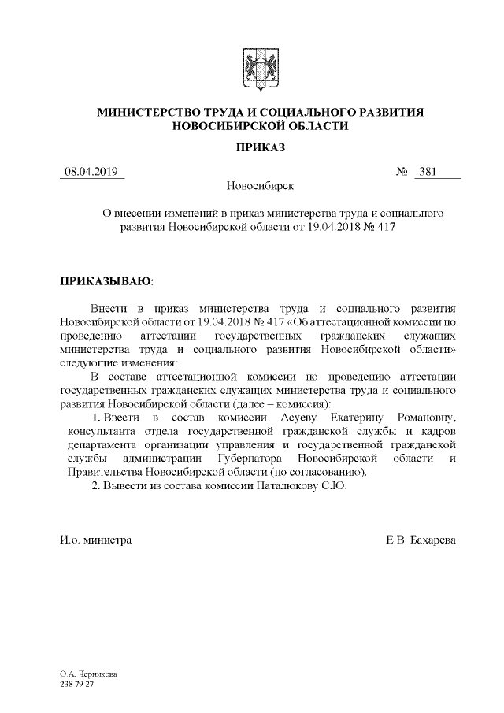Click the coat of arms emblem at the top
tap(260, 67)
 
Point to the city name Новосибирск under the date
tap(260, 188)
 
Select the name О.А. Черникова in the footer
tap(88, 675)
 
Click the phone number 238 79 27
tap(76, 685)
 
